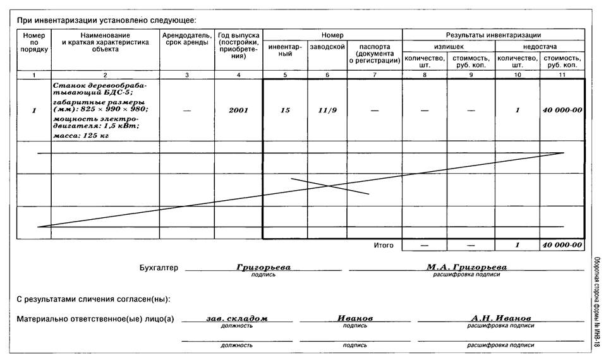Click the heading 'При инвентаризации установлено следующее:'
(106, 20)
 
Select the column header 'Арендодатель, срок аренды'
(186, 39)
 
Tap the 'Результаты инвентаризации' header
(493, 35)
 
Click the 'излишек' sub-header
(448, 47)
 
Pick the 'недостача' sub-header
(539, 47)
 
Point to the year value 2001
(238, 111)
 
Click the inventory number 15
(285, 111)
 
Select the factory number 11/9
(327, 111)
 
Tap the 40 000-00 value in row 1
(562, 111)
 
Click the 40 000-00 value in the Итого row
(562, 245)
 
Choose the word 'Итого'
(384, 245)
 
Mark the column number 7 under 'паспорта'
(375, 75)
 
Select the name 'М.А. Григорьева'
(466, 267)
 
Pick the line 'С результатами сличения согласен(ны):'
(94, 299)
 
